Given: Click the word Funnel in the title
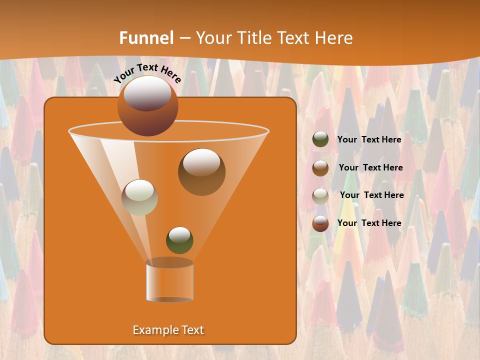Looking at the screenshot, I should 146,38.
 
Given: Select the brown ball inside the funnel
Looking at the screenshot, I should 201,171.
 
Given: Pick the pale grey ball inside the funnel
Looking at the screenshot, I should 139,197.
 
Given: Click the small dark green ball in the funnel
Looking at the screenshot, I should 179,240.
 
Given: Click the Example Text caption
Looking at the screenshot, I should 168,330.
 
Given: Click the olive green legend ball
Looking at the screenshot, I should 320,139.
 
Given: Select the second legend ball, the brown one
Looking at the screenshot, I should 320,168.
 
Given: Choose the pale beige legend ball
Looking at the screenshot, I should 320,195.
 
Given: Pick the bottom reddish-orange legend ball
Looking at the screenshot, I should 320,223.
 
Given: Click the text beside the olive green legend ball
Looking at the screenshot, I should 369,139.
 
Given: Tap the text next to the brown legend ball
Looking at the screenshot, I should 370,167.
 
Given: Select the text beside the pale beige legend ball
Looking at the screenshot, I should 371,195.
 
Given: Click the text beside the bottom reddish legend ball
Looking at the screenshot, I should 369,223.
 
